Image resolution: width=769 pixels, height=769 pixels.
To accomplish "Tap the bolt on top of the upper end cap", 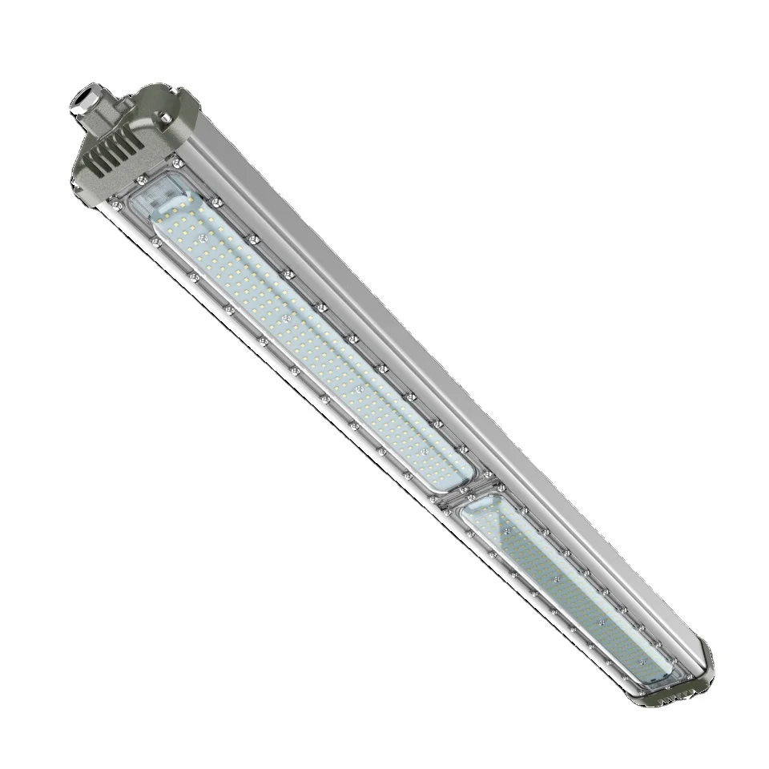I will click(165, 119).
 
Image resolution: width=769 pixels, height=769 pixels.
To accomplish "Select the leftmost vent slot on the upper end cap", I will click(95, 159).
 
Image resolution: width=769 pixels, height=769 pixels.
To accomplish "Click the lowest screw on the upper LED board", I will click(424, 453).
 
